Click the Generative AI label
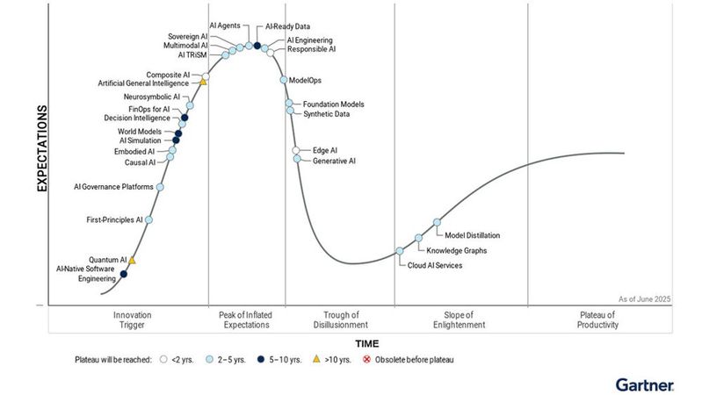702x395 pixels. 334,161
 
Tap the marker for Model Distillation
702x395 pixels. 437,223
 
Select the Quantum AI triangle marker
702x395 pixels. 132,261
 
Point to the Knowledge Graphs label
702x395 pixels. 451,251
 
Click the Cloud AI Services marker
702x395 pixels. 400,251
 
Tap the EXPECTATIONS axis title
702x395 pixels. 41,149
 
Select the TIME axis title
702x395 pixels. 366,342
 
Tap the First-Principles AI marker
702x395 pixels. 148,219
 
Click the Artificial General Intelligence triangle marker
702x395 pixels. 203,82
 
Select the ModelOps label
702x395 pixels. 304,80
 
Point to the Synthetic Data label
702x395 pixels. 326,114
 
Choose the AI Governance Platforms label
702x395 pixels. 113,186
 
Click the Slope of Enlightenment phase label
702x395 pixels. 460,320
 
